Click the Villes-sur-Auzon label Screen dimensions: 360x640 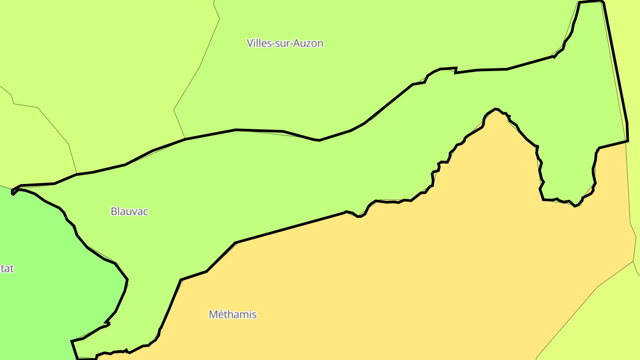[285, 43]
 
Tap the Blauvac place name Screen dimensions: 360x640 [129, 211]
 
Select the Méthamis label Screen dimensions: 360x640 [232, 314]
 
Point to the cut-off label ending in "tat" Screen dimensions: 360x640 [7, 268]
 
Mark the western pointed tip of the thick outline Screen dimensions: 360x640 [12, 192]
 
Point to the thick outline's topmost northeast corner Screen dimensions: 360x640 [602, 1]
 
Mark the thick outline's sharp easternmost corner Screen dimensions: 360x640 [628, 141]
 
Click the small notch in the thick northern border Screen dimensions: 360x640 [456, 70]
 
